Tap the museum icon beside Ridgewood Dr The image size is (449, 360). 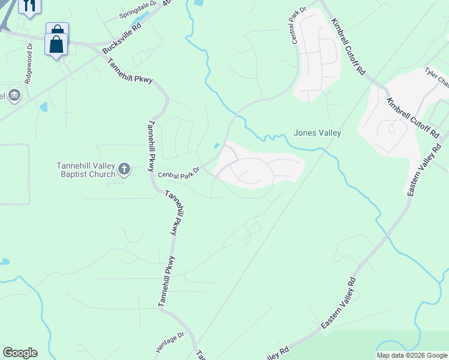pos(14,95)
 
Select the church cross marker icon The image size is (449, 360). pos(124,169)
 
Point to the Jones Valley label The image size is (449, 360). pos(317,133)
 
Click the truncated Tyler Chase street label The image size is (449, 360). pos(436,77)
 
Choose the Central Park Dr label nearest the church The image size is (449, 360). pos(178,172)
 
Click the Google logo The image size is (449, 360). pos(20,353)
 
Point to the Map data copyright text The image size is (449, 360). pos(412,355)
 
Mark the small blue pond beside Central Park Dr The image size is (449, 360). pos(216,145)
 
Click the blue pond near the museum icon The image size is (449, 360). pos(43,108)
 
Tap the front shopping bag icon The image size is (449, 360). pos(56,44)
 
